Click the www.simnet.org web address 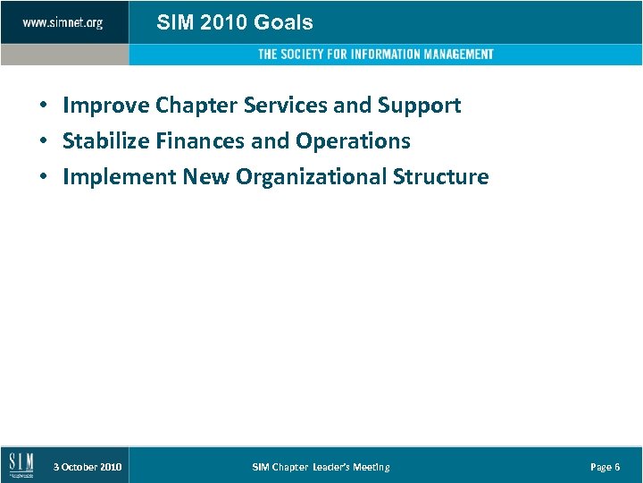coord(63,22)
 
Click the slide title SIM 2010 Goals coord(235,22)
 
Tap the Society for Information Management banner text coord(375,55)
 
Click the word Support coord(419,106)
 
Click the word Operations coord(353,141)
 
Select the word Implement coord(120,177)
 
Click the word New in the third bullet coord(205,177)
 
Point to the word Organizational coord(311,177)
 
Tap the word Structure coord(441,177)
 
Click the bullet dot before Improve coord(43,106)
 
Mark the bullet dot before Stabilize coord(43,142)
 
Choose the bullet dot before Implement coord(43,178)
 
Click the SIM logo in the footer coord(21,465)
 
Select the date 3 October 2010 coord(88,467)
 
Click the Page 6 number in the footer coord(605,467)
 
